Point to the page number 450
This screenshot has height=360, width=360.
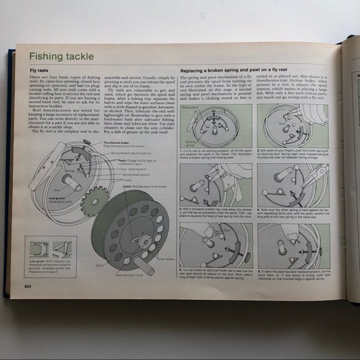coord(28,286)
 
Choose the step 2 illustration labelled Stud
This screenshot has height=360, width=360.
coord(292,125)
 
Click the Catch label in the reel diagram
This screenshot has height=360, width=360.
coord(128,185)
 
